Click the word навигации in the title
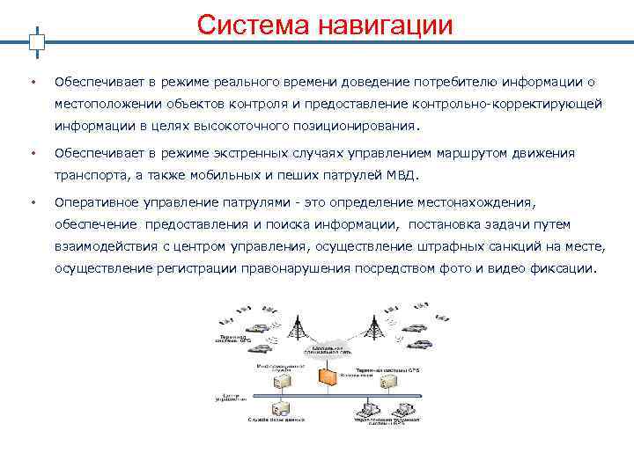(388, 26)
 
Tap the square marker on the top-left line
(36, 41)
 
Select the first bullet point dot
(32, 83)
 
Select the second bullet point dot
(32, 154)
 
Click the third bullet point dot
(32, 202)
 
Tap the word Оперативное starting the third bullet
(96, 201)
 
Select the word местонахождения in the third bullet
(493, 201)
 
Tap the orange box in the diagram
(328, 376)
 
